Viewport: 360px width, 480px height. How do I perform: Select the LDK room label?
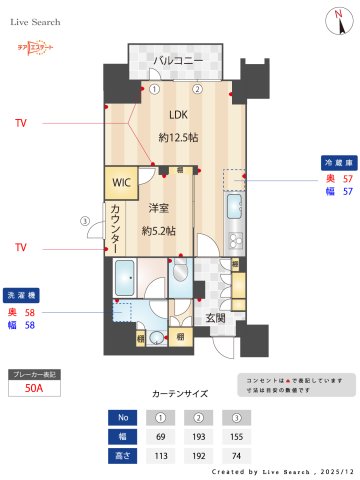point(178,113)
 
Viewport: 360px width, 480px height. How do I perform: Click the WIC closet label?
point(121,183)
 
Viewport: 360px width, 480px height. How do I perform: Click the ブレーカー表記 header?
point(33,374)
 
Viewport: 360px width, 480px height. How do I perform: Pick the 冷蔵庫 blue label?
point(335,161)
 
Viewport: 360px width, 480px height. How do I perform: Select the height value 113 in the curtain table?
point(160,455)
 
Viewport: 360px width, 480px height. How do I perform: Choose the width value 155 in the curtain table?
point(235,436)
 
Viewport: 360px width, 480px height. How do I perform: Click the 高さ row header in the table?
point(123,455)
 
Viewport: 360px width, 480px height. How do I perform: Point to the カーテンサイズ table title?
point(179,393)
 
